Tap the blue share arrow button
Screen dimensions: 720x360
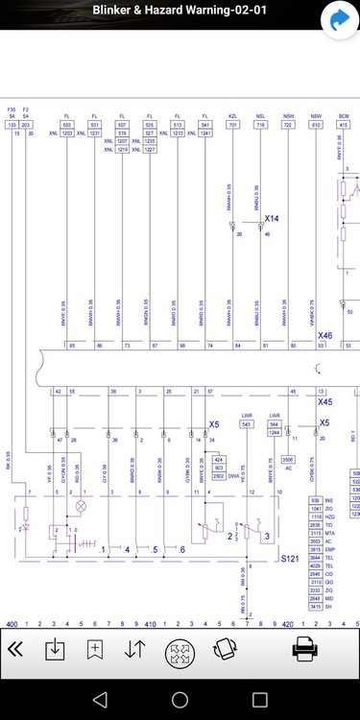(x=338, y=18)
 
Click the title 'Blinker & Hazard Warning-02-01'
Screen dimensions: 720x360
(x=180, y=11)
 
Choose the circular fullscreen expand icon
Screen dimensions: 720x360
(x=180, y=653)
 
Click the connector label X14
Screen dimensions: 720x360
(x=272, y=219)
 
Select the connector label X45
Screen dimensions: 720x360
(x=324, y=402)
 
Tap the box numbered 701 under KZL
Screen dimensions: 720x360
(x=233, y=125)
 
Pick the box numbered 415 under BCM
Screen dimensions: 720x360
(x=343, y=125)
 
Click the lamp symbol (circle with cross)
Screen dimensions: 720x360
(x=81, y=504)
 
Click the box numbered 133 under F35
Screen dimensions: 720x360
(x=12, y=125)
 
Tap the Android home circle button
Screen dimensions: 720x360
(x=180, y=698)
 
